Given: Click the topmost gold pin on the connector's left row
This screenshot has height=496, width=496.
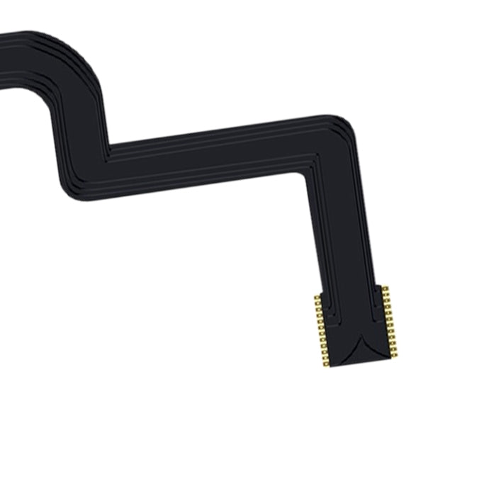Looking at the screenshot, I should [317, 298].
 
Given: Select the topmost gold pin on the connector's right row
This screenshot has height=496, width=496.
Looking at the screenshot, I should [385, 288].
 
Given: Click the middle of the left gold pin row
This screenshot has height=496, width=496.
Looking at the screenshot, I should [321, 331].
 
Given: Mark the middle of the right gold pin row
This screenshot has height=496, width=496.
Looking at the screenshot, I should [390, 320].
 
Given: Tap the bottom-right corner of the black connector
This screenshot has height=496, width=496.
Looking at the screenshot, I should [388, 355].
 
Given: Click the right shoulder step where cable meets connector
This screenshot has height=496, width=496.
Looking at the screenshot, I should [378, 285].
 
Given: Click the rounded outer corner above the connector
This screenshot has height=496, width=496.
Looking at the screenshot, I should [343, 124].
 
